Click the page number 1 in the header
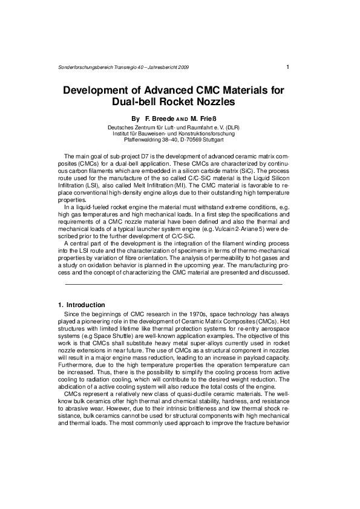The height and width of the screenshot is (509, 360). point(287,66)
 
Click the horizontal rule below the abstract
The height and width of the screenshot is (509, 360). point(173,284)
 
